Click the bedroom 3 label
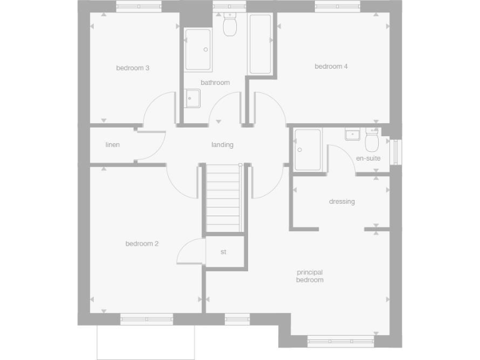[132, 68]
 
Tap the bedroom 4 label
[331, 66]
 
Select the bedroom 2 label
[141, 244]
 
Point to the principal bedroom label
[310, 276]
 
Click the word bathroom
[215, 82]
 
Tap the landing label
[222, 145]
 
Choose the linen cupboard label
[112, 145]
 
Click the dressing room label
[342, 201]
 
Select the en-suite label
[368, 159]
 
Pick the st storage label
[223, 252]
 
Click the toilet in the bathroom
[230, 24]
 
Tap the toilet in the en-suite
[372, 142]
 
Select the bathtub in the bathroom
[260, 44]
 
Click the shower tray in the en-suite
[307, 149]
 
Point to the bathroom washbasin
[192, 98]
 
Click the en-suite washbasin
[352, 134]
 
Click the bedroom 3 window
[138, 6]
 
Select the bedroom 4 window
[337, 6]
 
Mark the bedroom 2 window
[146, 319]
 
